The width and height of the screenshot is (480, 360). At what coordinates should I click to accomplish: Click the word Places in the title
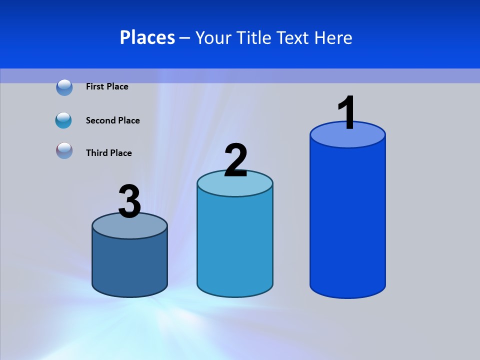click(x=147, y=37)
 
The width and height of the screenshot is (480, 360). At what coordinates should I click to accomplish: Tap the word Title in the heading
click(x=253, y=37)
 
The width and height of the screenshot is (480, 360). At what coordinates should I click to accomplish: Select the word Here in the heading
click(x=333, y=37)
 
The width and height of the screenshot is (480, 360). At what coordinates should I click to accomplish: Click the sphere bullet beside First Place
click(x=64, y=87)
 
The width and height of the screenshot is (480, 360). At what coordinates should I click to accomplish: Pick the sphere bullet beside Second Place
click(x=63, y=120)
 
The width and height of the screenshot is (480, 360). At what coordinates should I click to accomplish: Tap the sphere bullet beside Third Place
click(x=64, y=150)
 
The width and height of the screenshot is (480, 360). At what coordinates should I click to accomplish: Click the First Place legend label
click(x=107, y=86)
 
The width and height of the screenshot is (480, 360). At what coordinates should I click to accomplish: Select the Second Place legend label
click(x=112, y=120)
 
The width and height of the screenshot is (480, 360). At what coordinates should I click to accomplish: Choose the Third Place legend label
click(x=108, y=153)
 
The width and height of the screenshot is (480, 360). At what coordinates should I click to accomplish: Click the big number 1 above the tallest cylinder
click(x=347, y=113)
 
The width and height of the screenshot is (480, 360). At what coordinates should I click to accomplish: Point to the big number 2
click(x=235, y=160)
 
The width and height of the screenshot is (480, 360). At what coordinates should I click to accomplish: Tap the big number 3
click(x=129, y=201)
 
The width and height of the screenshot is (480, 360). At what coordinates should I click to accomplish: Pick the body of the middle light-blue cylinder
click(x=235, y=245)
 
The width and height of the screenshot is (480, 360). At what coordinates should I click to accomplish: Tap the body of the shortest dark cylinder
click(x=129, y=265)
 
